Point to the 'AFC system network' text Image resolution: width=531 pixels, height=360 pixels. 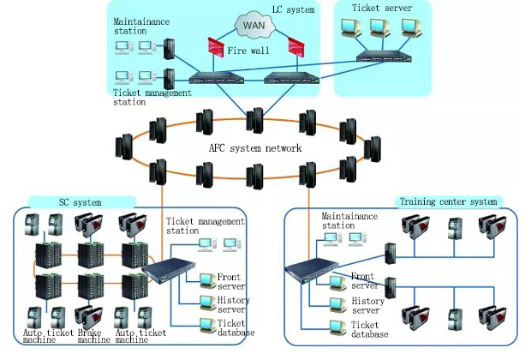click(x=255, y=148)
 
